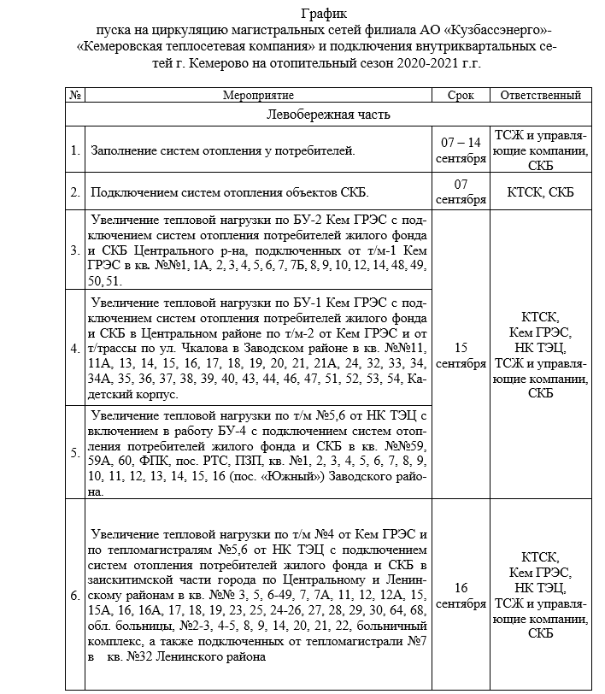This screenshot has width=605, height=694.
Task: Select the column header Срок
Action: click(461, 96)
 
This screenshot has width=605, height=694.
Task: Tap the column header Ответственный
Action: click(541, 96)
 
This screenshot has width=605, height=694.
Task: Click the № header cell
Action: click(74, 96)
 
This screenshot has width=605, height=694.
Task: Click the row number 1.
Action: click(75, 151)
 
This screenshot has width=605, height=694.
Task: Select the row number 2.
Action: click(75, 191)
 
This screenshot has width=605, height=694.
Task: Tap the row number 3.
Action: click(75, 251)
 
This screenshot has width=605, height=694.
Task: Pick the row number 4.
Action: click(75, 349)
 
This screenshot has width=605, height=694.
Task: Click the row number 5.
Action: click(75, 452)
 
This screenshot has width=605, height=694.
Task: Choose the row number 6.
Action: click(75, 593)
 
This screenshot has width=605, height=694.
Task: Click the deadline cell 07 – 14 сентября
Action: click(461, 150)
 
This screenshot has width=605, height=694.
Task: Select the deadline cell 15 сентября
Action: click(461, 356)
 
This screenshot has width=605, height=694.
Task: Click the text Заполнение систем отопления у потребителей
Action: click(223, 151)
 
